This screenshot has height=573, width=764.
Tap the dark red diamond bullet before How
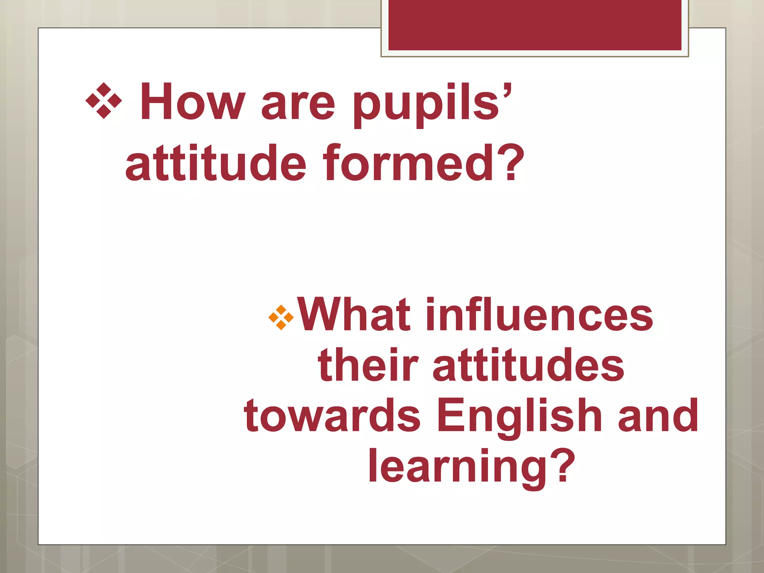pyautogui.click(x=104, y=101)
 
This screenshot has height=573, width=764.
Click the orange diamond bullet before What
pyautogui.click(x=281, y=317)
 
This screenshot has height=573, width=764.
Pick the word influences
pyautogui.click(x=539, y=314)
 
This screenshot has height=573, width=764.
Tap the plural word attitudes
pyautogui.click(x=528, y=365)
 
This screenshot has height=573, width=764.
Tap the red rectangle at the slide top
pyautogui.click(x=535, y=25)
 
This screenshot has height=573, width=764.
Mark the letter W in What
pyautogui.click(x=322, y=314)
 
